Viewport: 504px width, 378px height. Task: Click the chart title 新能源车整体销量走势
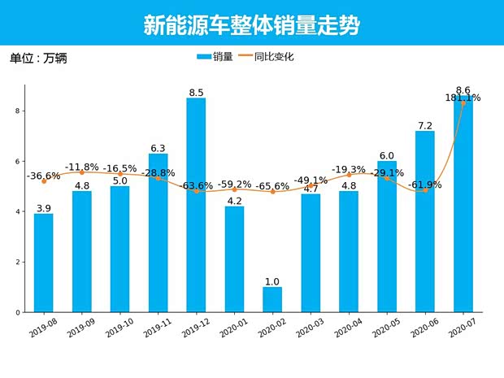pyautogui.click(x=251, y=25)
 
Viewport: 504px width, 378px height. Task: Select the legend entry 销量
pyautogui.click(x=215, y=57)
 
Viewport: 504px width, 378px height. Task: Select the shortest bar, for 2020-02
pyautogui.click(x=272, y=299)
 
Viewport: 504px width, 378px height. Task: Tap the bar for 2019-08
pyautogui.click(x=44, y=263)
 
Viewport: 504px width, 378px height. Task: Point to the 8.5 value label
pyautogui.click(x=196, y=93)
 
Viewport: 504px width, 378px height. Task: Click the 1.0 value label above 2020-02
pyautogui.click(x=272, y=281)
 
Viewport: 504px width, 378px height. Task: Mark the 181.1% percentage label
pyautogui.click(x=463, y=98)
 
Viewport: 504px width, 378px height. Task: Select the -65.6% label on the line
pyautogui.click(x=272, y=186)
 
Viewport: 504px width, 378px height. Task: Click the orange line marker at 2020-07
pyautogui.click(x=463, y=103)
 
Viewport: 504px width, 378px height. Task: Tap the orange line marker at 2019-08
pyautogui.click(x=44, y=180)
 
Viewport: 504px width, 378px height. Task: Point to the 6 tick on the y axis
pyautogui.click(x=16, y=162)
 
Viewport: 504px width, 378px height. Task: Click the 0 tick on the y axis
pyautogui.click(x=16, y=312)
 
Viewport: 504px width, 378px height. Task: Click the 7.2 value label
pyautogui.click(x=425, y=126)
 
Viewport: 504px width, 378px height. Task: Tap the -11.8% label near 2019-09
pyautogui.click(x=82, y=167)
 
